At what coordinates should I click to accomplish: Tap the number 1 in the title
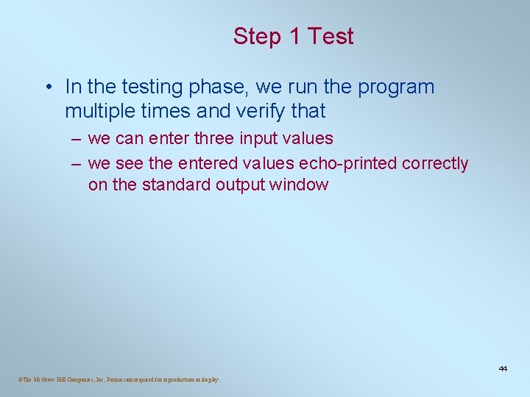tap(293, 37)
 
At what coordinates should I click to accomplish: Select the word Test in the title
tap(331, 37)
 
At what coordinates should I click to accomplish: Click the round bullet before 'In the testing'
tap(46, 87)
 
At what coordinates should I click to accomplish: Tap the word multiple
tap(98, 111)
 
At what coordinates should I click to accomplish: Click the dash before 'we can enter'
tap(77, 139)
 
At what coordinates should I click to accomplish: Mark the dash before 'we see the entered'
tap(77, 164)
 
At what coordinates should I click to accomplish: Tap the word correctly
tap(435, 164)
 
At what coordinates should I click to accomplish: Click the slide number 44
tap(503, 368)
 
